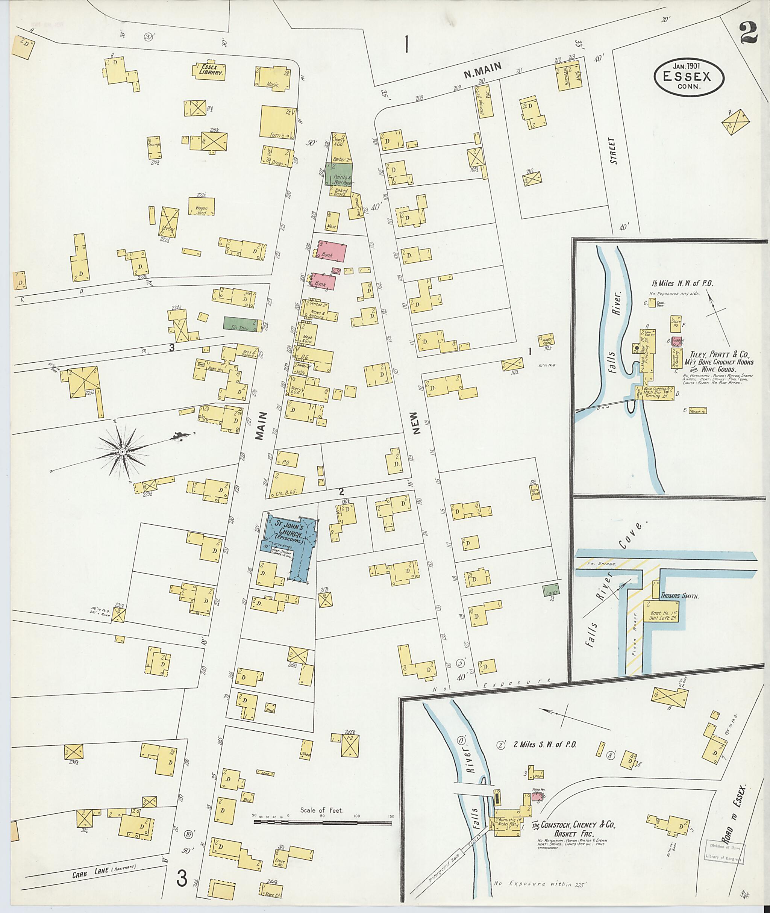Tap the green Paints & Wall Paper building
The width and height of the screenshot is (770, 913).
[339, 174]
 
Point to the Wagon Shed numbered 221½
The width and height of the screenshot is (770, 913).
[202, 206]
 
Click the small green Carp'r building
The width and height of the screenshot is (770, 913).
[551, 591]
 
